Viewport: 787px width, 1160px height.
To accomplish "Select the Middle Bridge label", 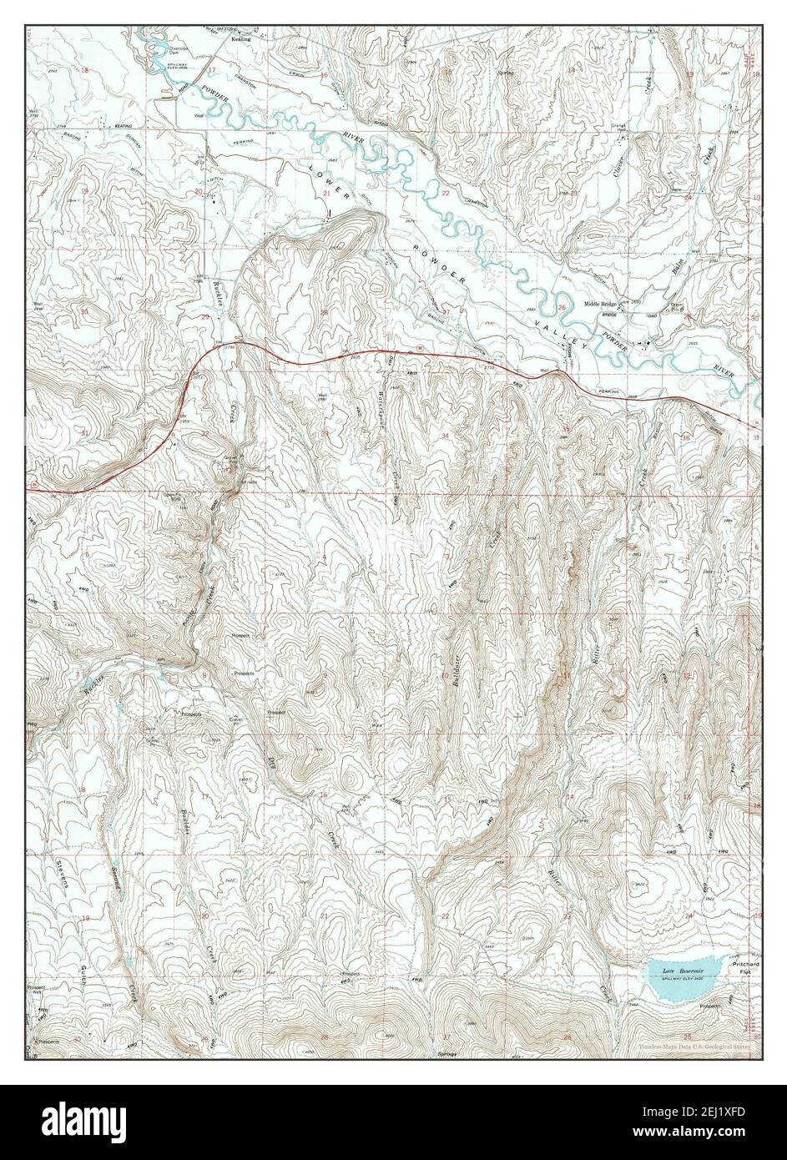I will [x=600, y=304].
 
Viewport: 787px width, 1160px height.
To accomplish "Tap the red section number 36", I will [x=685, y=437].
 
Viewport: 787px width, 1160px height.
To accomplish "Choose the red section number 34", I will [x=446, y=436].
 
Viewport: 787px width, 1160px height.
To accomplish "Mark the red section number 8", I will [x=203, y=674].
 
